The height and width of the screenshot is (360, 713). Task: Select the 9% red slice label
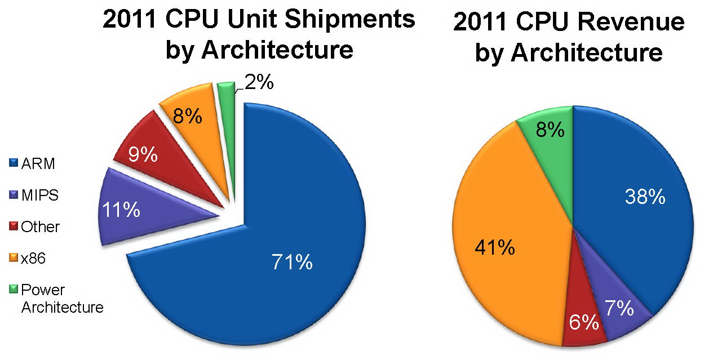coord(141,154)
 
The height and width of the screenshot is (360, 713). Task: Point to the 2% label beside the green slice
coord(259,83)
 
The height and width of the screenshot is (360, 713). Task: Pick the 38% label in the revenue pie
coord(645,197)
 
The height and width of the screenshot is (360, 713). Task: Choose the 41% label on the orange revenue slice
coord(495,247)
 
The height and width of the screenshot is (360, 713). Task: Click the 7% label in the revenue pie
coord(619,309)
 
